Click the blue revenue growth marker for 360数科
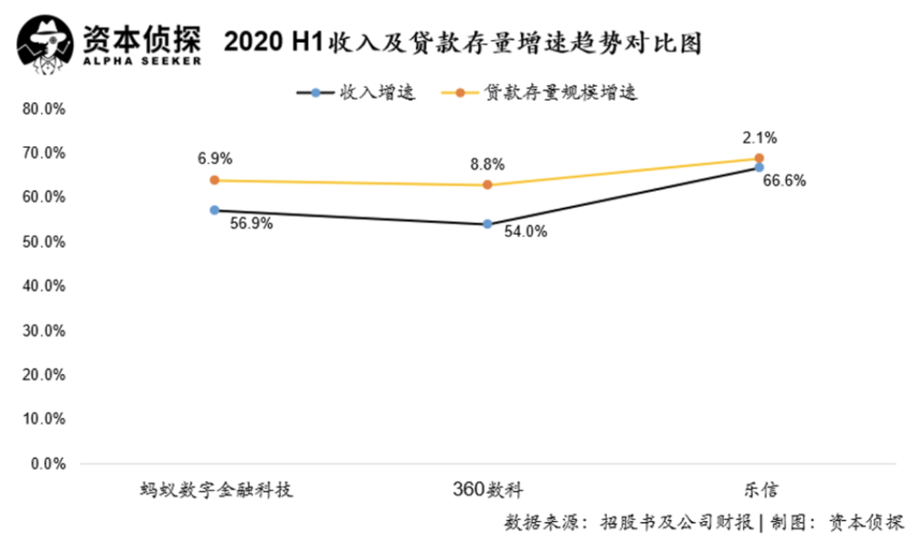coord(487,223)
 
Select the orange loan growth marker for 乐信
coord(760,158)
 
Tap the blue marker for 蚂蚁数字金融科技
coord(215,209)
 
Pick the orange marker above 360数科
coord(487,185)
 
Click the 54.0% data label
coord(525,232)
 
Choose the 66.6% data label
coord(783,181)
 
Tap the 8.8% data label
coord(485,165)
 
